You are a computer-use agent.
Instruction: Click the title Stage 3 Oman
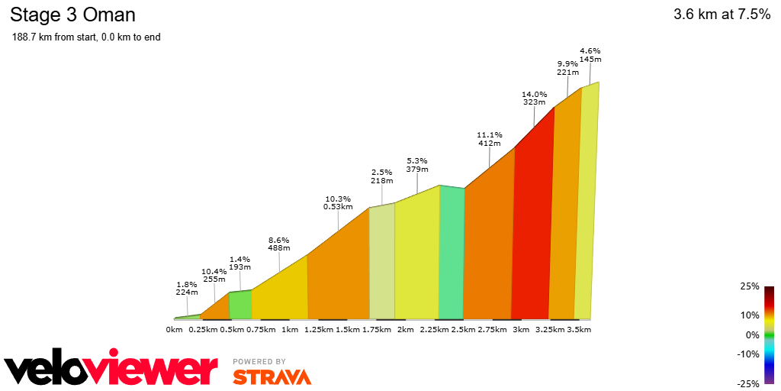[72, 15]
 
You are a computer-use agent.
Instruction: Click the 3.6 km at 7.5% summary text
[722, 15]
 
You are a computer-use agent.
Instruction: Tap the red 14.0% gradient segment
[532, 229]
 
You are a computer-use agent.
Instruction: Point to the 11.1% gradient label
[489, 134]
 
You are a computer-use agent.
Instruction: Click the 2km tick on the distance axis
[405, 329]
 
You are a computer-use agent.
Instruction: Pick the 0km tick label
[174, 329]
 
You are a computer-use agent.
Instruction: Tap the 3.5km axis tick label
[579, 329]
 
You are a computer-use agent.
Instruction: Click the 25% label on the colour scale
[750, 286]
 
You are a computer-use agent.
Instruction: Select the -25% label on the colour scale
[748, 383]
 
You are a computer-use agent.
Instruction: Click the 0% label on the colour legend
[752, 334]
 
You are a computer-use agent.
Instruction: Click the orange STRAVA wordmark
[272, 376]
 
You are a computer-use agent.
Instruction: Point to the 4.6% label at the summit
[590, 50]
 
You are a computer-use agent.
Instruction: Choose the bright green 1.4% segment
[240, 305]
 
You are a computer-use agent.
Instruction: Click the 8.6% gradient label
[278, 240]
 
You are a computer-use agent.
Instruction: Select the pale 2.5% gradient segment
[382, 263]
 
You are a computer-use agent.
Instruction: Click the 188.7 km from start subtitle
[86, 37]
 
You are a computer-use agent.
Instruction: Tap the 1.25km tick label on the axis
[319, 329]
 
